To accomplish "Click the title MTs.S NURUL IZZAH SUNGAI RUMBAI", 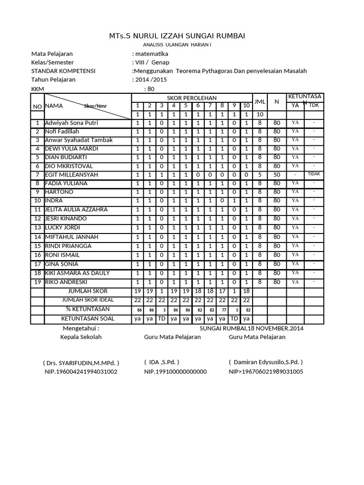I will [177, 36].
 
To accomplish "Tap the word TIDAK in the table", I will [314, 174].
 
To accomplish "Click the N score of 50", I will [277, 175].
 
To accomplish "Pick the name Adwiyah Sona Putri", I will [72, 123].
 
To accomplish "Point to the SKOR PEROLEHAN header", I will [191, 98].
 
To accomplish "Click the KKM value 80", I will [151, 89].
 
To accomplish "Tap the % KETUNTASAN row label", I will [88, 309].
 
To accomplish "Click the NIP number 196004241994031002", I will [81, 371].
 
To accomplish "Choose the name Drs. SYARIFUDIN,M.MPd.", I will [81, 362].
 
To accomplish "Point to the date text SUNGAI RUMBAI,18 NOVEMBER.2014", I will [251, 328].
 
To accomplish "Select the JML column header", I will [259, 102].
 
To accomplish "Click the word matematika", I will [151, 54].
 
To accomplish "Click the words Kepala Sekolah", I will [81, 337].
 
